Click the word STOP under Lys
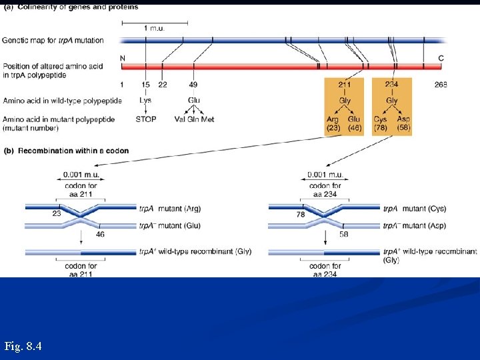(x=145, y=119)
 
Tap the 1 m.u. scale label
(x=155, y=29)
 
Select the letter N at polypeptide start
(x=123, y=58)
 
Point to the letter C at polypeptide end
(x=441, y=58)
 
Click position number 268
(x=440, y=85)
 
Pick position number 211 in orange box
(x=345, y=85)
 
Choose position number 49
(x=193, y=85)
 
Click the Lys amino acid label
(x=145, y=100)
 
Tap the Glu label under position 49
(x=193, y=100)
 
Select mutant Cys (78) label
(x=381, y=123)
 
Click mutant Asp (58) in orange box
(x=403, y=123)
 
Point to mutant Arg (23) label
(x=333, y=123)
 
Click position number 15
(x=145, y=85)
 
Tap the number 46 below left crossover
(x=100, y=234)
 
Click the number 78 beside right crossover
(x=301, y=215)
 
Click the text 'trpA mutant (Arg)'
(x=170, y=209)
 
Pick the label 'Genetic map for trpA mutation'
(x=53, y=41)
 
